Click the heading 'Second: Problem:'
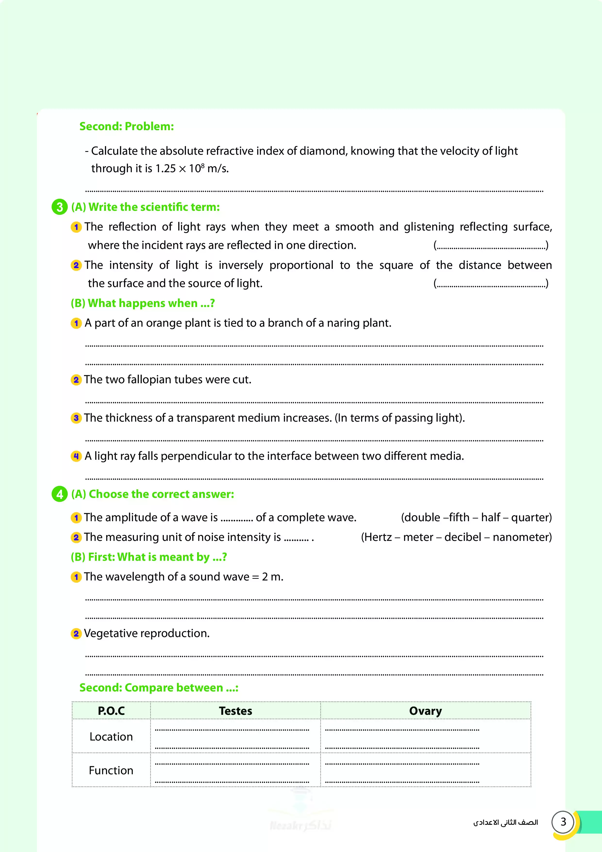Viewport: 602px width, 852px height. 126,127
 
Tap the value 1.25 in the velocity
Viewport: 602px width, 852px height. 166,169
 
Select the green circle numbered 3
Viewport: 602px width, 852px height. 59,207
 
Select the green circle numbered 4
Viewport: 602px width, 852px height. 59,494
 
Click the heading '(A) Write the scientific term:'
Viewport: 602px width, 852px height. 145,207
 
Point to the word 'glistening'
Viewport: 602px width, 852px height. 429,227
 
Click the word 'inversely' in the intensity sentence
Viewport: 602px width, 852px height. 241,265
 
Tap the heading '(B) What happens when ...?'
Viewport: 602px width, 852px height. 143,303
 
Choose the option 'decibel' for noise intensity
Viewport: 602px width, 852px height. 462,537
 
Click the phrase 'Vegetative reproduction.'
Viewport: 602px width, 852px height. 147,633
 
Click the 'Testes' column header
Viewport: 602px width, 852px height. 235,711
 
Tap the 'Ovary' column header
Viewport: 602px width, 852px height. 426,711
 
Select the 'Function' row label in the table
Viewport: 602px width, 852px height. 111,771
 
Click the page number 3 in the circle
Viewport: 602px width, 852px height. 563,822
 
